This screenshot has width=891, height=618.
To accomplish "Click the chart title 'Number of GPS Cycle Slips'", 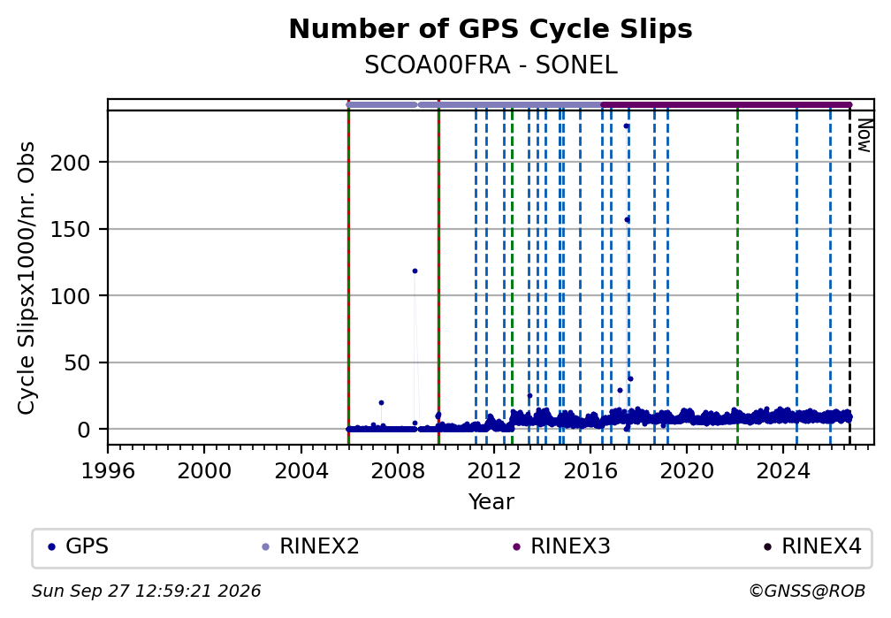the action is (491, 29).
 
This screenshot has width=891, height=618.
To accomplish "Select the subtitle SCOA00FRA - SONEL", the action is (491, 65).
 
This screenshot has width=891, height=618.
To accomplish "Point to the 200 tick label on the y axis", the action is (71, 164).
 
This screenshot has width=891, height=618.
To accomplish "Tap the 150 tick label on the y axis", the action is (71, 230).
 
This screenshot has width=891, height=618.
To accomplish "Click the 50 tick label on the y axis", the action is (77, 362).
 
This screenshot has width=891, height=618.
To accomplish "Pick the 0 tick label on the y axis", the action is (84, 430).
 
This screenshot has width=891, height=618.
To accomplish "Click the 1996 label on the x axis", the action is (108, 471).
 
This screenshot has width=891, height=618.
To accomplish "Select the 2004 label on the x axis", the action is (301, 471).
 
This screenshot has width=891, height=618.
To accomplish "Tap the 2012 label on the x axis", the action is (494, 471).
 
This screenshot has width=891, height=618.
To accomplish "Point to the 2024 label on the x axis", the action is (783, 471).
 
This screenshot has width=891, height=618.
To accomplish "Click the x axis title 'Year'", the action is (491, 501).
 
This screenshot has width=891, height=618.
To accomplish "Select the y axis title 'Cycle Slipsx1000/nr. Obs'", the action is (27, 278).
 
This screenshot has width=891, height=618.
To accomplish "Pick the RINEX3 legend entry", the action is (561, 546).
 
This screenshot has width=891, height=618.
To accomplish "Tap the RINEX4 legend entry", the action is (812, 546).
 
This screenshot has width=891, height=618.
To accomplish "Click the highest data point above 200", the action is (626, 126).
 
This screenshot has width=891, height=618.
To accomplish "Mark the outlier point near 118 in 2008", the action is (415, 271).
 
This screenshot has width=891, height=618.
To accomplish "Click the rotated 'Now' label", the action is (864, 136).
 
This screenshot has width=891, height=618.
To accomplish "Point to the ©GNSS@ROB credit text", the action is (807, 591).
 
